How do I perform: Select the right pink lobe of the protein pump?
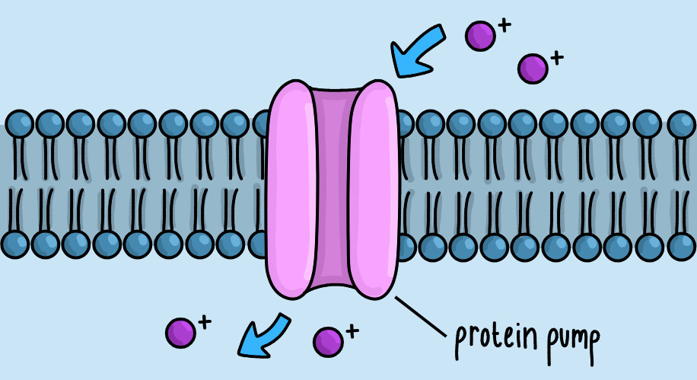pyautogui.click(x=374, y=190)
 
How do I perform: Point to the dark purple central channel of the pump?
pyautogui.click(x=333, y=190)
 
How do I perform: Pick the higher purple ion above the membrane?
pyautogui.click(x=480, y=36)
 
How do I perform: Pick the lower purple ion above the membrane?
pyautogui.click(x=533, y=69)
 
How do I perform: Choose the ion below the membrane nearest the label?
pyautogui.click(x=327, y=341)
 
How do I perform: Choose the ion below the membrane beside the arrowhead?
pyautogui.click(x=180, y=332)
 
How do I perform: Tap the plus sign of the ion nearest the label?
pyautogui.click(x=351, y=331)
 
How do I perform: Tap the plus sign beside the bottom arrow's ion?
pyautogui.click(x=204, y=322)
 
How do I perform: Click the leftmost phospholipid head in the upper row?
pyautogui.click(x=19, y=123)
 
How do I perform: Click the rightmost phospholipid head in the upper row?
pyautogui.click(x=681, y=123)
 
